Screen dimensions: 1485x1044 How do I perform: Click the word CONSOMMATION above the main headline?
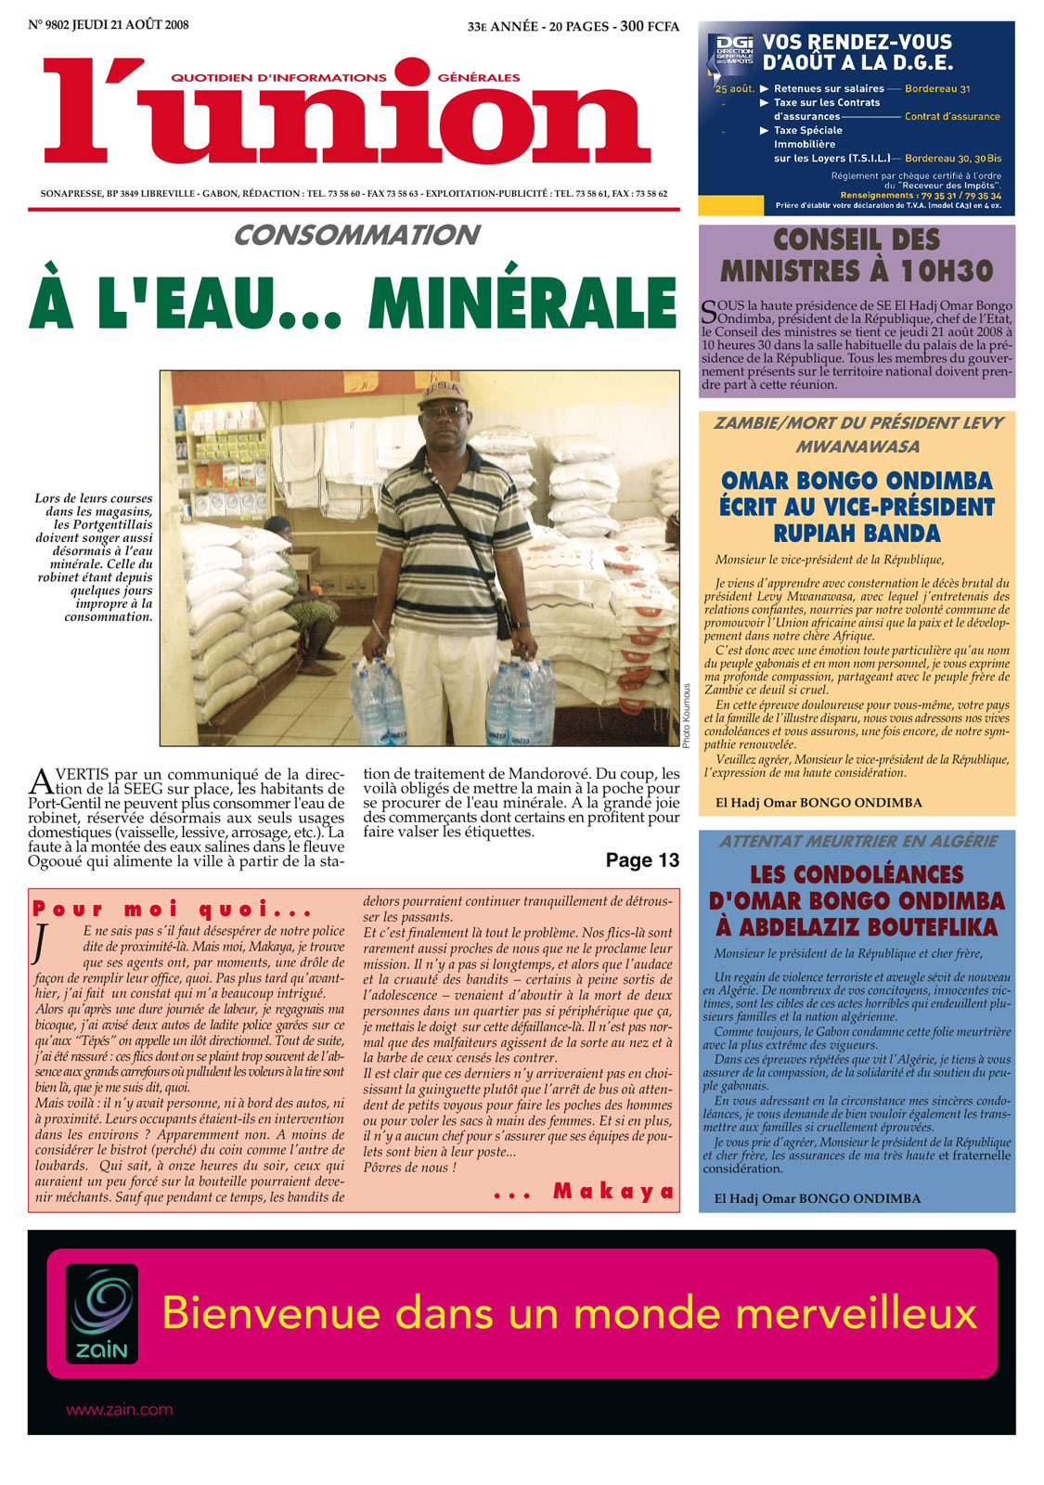[356, 236]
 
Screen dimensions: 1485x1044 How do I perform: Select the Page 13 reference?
[642, 860]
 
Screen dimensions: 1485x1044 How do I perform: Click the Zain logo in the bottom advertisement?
[102, 1313]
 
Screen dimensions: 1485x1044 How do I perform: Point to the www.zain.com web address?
[119, 1410]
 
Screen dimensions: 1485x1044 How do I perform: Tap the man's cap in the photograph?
[442, 393]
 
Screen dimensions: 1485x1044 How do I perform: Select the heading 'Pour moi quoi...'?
[173, 909]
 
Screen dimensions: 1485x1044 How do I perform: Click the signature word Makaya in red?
[613, 1192]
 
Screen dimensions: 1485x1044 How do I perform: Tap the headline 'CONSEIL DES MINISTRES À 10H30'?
[856, 255]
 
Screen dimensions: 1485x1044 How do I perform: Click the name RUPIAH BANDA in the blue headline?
[857, 534]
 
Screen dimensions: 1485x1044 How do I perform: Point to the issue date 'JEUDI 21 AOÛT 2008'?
[131, 25]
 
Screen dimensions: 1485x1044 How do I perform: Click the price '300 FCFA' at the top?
[650, 26]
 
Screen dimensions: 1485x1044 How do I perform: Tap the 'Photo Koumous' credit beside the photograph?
[687, 716]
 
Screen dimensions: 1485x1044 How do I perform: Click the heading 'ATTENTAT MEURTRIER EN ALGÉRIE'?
[857, 841]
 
